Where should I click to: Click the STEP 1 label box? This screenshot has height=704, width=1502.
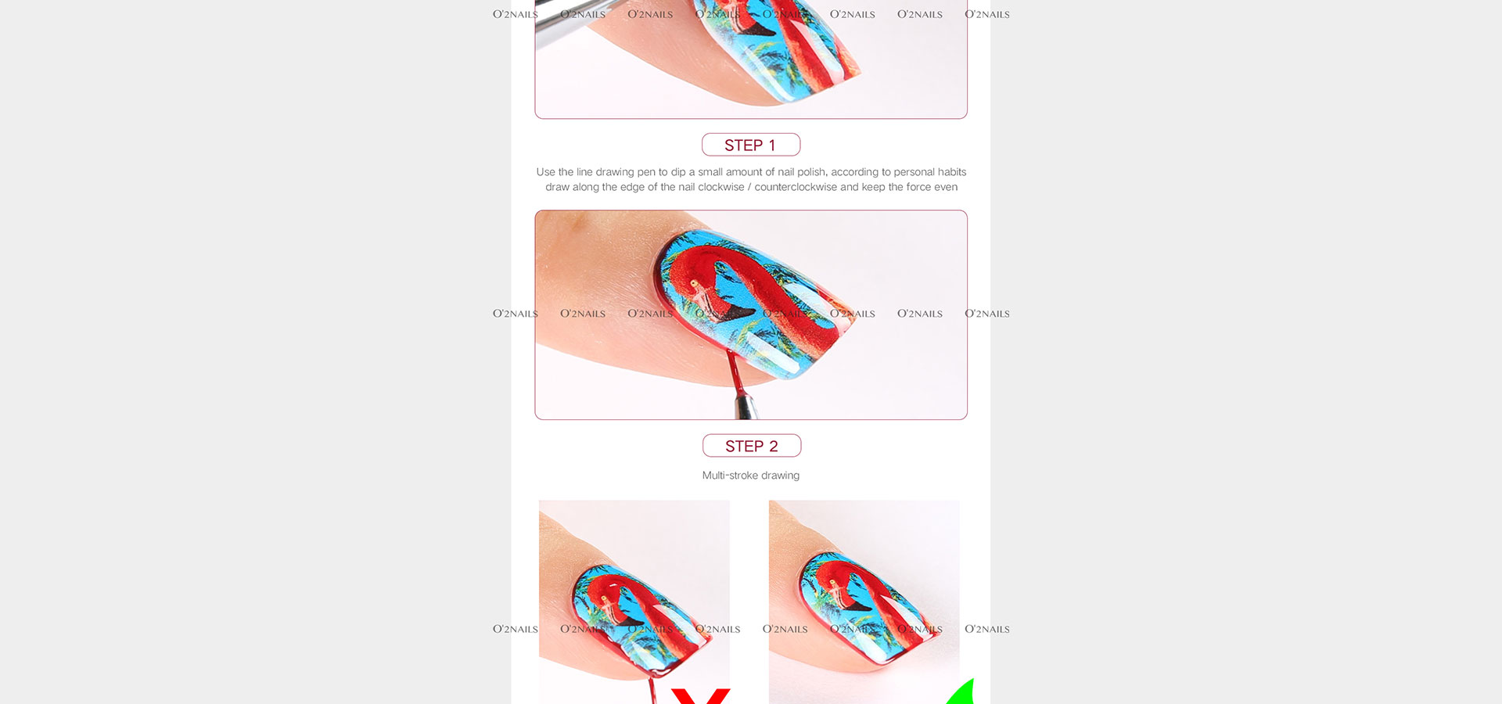[751, 145]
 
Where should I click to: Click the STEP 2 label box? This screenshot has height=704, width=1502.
[752, 446]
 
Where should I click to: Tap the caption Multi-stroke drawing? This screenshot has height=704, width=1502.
[751, 476]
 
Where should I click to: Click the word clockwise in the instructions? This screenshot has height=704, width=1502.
[721, 187]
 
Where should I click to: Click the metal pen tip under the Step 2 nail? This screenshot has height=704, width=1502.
[745, 406]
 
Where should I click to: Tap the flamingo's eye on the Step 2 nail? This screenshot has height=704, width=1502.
[693, 283]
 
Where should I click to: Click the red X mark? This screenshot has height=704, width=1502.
[700, 696]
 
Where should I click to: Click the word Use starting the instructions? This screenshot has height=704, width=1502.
[545, 172]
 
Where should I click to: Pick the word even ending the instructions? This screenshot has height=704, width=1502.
[946, 187]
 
